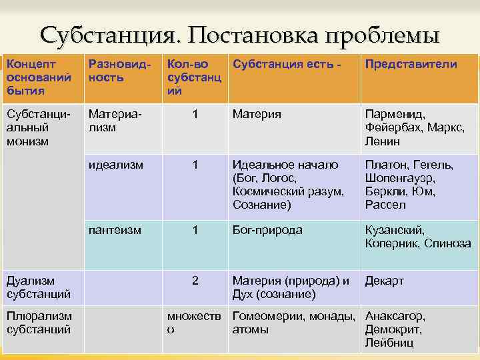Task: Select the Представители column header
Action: click(409, 65)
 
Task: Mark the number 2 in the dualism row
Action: click(195, 281)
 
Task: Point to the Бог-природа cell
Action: click(267, 230)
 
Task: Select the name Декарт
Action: click(384, 281)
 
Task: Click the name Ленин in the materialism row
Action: click(383, 141)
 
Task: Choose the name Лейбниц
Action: click(389, 343)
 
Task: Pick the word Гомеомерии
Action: click(268, 316)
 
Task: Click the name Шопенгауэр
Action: click(399, 178)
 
